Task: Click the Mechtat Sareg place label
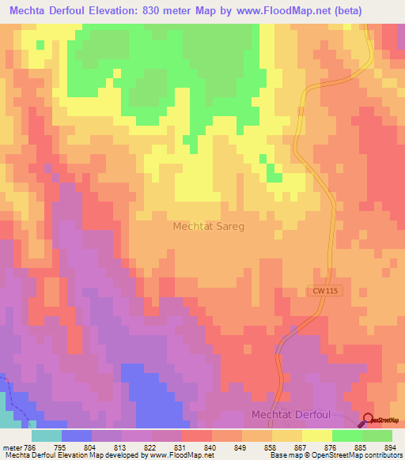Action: pyautogui.click(x=208, y=226)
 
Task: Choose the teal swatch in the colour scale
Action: pyautogui.click(x=47, y=435)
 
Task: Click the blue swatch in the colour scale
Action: pyautogui.click(x=77, y=435)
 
